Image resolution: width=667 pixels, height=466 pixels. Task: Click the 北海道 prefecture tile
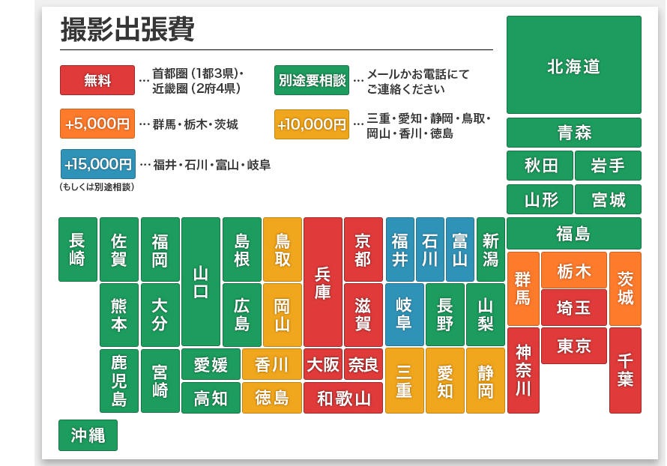click(573, 65)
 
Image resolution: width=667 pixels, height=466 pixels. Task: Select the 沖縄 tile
click(88, 435)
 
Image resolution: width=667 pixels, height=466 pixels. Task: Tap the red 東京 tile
click(573, 346)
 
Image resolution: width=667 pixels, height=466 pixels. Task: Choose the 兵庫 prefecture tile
click(322, 282)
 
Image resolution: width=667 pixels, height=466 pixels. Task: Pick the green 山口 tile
click(201, 282)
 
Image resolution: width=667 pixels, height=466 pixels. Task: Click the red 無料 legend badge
click(97, 80)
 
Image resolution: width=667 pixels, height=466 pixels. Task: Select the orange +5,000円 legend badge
click(97, 124)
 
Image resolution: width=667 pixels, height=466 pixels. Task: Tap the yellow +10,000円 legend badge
click(312, 124)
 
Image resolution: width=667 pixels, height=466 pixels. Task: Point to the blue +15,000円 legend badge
click(97, 164)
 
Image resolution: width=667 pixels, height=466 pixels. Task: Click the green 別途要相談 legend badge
click(312, 80)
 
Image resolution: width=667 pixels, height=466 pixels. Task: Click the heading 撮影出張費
click(127, 31)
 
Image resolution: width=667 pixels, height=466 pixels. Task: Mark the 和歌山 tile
click(343, 398)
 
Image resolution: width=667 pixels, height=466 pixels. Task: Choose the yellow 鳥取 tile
click(282, 249)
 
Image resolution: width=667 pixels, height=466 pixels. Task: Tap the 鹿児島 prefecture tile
click(118, 381)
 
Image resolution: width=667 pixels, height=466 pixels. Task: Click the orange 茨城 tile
click(625, 288)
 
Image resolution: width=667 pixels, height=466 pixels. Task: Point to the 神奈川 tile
click(523, 370)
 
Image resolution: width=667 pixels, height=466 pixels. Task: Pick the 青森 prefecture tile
click(573, 133)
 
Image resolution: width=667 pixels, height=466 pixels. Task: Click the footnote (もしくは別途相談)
click(97, 187)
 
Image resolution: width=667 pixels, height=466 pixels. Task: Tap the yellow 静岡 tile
click(485, 381)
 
